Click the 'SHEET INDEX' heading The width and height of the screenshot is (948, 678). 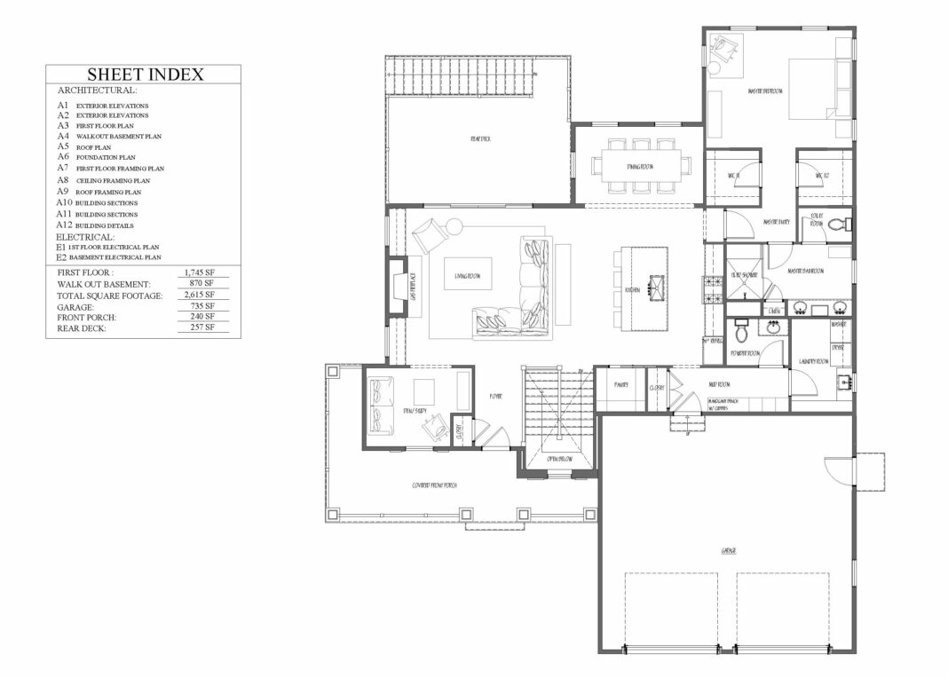pos(146,75)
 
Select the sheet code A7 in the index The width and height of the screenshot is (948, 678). pos(63,168)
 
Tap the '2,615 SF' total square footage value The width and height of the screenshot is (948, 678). pos(198,296)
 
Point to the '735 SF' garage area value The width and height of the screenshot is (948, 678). pos(201,307)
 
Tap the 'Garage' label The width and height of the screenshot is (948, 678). pos(728,551)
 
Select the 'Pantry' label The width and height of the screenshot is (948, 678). pos(621,385)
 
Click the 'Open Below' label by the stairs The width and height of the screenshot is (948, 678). pos(557,459)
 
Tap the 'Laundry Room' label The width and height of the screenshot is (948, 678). pos(813,362)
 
